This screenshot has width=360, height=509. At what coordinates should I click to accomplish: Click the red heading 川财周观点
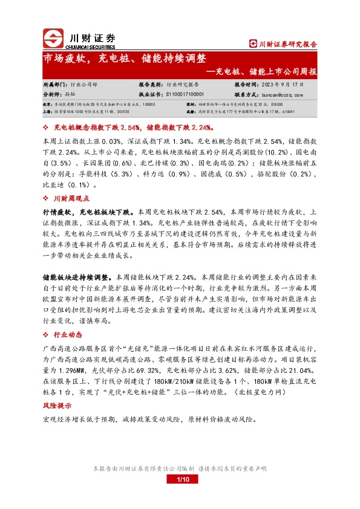(70, 198)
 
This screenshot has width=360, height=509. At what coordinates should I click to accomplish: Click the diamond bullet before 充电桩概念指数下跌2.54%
(47, 128)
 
